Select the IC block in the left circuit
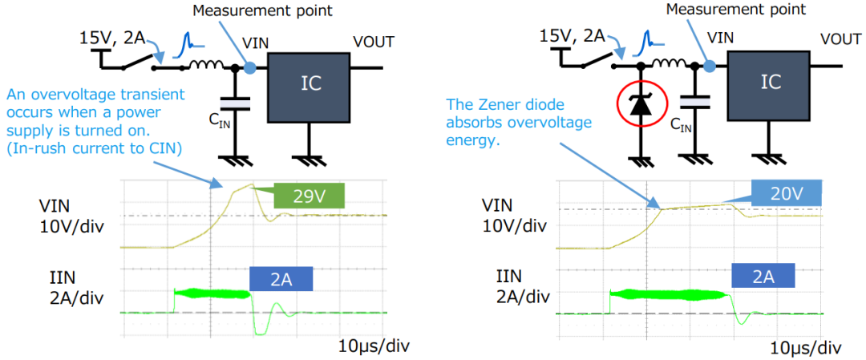pyautogui.click(x=308, y=87)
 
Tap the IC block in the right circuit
pyautogui.click(x=770, y=82)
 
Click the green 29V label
pyautogui.click(x=309, y=196)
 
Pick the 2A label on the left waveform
pyautogui.click(x=281, y=278)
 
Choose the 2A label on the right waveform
pyautogui.click(x=763, y=277)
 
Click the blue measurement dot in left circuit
pyautogui.click(x=250, y=68)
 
